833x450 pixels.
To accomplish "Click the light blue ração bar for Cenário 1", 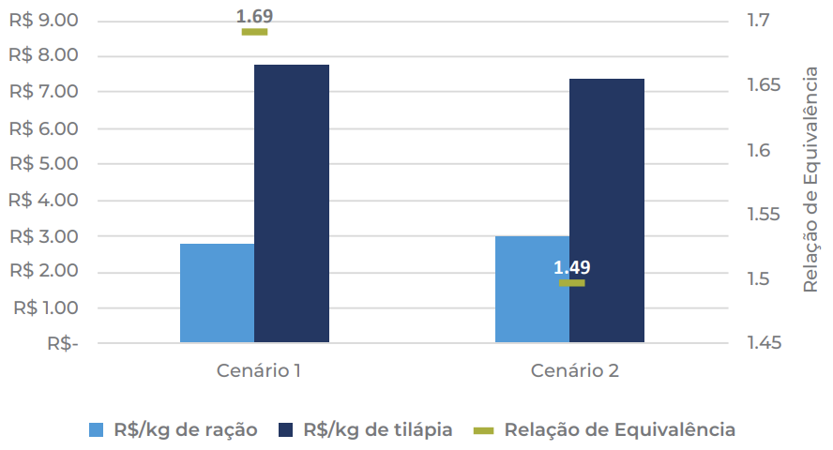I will (x=217, y=292).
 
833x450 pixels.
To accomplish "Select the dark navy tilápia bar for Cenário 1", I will (x=292, y=202).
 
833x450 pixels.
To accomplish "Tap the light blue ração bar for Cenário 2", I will (x=532, y=289).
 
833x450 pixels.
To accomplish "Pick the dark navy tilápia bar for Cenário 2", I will (x=607, y=210).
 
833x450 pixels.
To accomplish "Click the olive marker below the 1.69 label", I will (x=254, y=32).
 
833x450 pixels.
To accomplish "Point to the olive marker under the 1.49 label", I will (x=571, y=282).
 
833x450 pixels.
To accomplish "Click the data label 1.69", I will (x=254, y=16).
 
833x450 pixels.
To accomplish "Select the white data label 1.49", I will (x=571, y=267).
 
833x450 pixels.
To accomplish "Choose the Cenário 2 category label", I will (x=574, y=370).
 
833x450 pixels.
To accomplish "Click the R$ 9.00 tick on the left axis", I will (x=43, y=20).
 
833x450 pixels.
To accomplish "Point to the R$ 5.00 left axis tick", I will (x=43, y=164).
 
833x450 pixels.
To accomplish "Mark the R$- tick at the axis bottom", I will (x=62, y=343).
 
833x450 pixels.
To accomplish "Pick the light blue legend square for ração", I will (x=96, y=430).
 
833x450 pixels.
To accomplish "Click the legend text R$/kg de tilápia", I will (x=377, y=430).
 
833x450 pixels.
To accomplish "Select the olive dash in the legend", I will (x=483, y=430).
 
